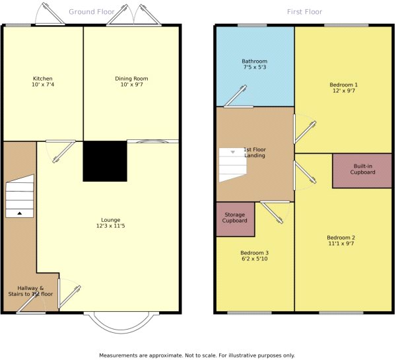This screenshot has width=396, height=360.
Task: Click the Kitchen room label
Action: click(x=43, y=79)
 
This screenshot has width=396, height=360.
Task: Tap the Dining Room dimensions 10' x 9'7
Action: click(x=131, y=85)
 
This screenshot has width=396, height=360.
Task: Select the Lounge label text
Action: click(x=111, y=220)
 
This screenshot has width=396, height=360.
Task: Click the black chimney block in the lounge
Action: click(x=105, y=161)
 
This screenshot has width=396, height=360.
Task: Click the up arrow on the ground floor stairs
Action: click(x=19, y=213)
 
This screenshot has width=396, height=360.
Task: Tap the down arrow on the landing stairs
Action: click(x=233, y=152)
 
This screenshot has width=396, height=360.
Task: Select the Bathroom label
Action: click(x=254, y=61)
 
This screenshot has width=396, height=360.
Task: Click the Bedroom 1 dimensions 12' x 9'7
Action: click(x=344, y=90)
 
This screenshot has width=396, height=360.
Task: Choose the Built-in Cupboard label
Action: click(x=362, y=169)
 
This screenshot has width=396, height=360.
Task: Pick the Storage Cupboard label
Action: click(x=234, y=218)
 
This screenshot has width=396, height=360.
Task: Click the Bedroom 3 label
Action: click(x=254, y=253)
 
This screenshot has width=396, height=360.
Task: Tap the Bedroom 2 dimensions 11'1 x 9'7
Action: click(x=341, y=244)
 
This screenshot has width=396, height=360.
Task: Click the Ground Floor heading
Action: click(x=92, y=12)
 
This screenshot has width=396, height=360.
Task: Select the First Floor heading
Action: click(x=304, y=12)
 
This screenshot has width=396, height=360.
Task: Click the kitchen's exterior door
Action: click(x=50, y=15)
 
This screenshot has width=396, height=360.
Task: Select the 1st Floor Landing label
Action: click(x=255, y=153)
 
